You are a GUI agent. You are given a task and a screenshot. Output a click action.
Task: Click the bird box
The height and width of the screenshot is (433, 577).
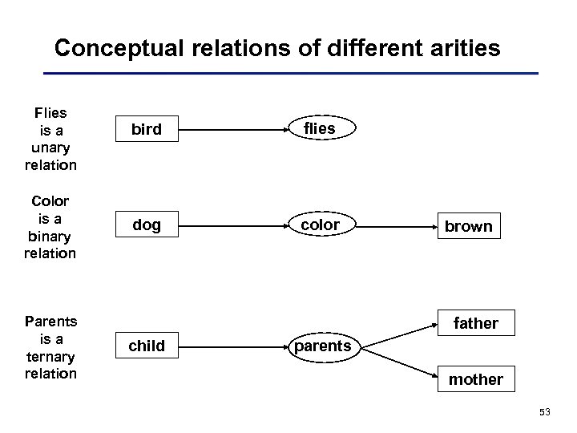coord(146,129)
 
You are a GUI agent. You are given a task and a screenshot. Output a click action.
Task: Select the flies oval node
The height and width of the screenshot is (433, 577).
coord(320,127)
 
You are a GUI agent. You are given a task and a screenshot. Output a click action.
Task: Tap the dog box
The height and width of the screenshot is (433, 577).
coord(146,226)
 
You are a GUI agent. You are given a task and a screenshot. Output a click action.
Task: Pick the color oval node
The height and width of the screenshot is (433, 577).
coord(320,226)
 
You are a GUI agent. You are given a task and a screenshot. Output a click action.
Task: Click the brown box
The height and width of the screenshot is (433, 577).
coord(469,226)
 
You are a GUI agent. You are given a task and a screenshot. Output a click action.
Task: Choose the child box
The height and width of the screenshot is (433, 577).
coord(146,346)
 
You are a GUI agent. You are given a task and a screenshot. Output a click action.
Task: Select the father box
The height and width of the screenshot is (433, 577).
coord(476,323)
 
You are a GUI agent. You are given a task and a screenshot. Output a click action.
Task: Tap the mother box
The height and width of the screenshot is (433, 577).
coord(476,379)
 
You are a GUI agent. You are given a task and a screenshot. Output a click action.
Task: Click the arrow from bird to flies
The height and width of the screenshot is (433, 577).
coord(233,129)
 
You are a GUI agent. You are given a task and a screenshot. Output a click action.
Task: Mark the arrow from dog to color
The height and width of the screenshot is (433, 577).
coord(233,226)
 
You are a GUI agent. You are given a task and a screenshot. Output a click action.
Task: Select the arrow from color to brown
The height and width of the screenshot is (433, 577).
coord(393,226)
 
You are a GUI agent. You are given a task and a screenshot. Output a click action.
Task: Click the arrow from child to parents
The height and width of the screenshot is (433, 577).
coord(233,346)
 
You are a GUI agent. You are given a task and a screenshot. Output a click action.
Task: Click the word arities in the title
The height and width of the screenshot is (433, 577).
coord(462,50)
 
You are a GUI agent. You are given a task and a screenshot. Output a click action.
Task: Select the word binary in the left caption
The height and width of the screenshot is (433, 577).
coord(50,237)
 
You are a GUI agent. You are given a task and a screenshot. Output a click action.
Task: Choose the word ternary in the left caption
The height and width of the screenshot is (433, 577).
coord(50,357)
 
